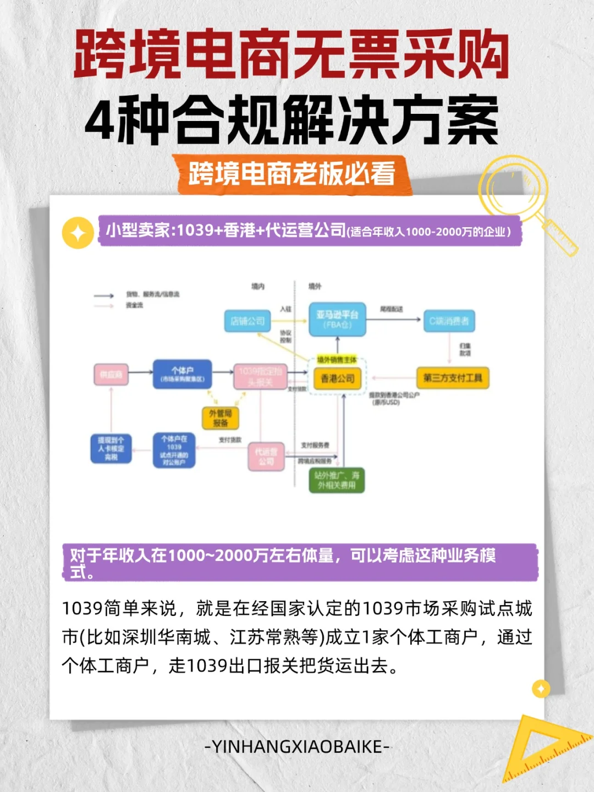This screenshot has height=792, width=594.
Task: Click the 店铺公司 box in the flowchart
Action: coord(248,321)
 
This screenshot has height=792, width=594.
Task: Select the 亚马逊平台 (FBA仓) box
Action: coord(337,320)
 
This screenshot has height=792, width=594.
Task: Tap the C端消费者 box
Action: coord(449,321)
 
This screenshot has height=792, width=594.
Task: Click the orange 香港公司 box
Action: coord(337,379)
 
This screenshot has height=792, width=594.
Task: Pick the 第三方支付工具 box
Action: coord(453,378)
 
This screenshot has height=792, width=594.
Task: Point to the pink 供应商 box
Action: coord(111,375)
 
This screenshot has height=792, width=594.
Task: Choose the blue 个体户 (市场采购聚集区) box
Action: coord(182,374)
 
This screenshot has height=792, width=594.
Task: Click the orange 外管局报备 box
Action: coord(221,418)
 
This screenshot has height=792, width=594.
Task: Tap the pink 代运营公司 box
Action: coord(266,457)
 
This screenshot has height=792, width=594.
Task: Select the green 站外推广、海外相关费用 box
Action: coord(337,480)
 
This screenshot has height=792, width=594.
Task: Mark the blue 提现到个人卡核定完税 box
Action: coord(111,449)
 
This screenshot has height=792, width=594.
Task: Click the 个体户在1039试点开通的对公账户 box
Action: coord(174,450)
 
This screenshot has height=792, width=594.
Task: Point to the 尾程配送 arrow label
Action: coord(391,310)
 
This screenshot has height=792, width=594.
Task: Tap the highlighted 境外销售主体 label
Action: coord(337,360)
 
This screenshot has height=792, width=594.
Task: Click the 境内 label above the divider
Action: coord(258,287)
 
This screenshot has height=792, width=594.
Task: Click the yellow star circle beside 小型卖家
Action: coord(78,233)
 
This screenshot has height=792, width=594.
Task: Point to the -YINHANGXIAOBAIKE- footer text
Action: coord(297,747)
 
